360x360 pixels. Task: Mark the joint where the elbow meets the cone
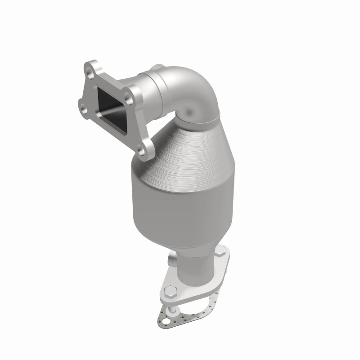tap(202, 119)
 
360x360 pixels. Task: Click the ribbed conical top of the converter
tap(189, 144)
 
